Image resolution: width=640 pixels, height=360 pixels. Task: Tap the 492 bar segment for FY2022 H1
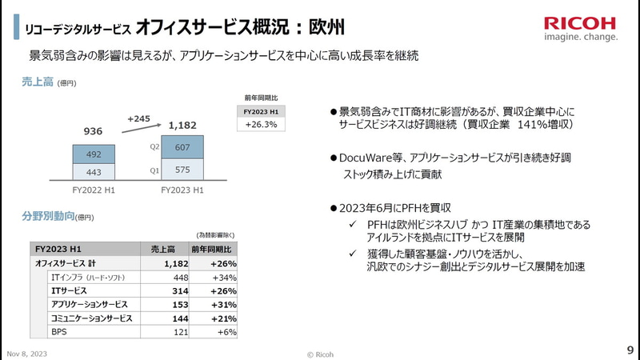94,154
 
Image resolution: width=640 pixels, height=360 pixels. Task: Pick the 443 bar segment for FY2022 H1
94,172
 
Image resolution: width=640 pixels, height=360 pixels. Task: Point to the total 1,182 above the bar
185,125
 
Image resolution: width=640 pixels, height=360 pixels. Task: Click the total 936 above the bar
94,131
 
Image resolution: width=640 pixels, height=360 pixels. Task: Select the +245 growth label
140,119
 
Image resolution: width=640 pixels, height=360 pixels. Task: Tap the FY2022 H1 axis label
94,190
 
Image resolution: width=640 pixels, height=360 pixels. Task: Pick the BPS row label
59,331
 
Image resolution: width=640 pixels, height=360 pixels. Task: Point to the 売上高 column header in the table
164,250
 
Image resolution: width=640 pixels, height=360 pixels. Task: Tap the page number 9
630,350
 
